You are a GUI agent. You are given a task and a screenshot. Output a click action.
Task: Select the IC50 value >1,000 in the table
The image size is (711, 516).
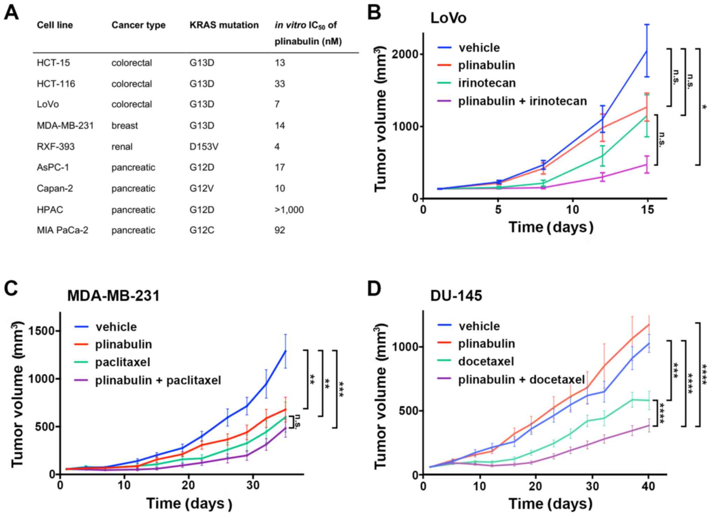point(289,210)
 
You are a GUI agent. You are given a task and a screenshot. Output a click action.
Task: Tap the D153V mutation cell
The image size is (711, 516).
point(204,147)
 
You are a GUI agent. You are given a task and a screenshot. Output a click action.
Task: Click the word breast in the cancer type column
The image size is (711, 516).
point(125,126)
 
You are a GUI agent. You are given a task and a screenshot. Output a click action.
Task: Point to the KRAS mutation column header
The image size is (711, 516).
point(224,25)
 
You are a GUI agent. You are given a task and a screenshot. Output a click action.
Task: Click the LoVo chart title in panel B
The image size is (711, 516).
point(448,18)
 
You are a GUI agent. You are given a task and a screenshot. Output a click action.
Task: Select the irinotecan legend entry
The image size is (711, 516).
point(487,83)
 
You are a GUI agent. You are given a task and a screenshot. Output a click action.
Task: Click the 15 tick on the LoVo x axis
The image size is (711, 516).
point(648,210)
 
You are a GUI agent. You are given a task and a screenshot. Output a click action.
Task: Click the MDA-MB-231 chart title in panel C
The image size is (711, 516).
point(113,296)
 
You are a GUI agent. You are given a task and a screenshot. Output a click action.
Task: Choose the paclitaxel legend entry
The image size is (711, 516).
point(123,362)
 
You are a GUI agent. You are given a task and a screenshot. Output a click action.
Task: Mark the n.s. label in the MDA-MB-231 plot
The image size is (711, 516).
point(298,421)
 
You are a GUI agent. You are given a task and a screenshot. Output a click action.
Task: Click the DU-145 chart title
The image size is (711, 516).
point(456,296)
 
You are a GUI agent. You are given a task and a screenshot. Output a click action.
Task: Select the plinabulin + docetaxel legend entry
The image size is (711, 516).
point(522,380)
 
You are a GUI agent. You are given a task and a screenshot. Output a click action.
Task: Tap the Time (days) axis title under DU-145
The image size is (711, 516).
point(551,504)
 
